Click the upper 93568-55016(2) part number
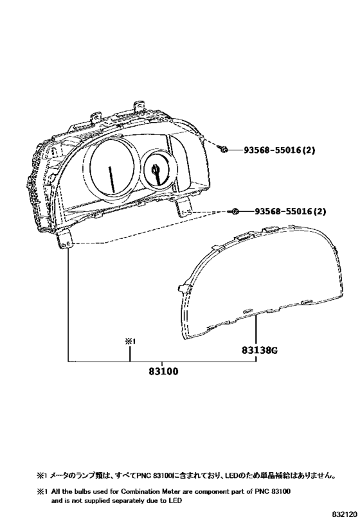[x=280, y=150]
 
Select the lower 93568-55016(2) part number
[x=290, y=211]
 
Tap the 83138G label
[x=260, y=351]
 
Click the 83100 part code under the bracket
[x=163, y=371]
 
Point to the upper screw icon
[x=223, y=149]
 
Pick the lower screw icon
[x=234, y=211]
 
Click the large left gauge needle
[x=112, y=180]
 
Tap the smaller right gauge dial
[x=156, y=170]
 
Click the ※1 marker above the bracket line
[x=130, y=342]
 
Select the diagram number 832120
[x=345, y=514]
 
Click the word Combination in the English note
[x=139, y=492]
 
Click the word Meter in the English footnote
[x=168, y=492]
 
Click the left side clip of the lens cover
[x=184, y=288]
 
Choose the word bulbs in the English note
[x=80, y=492]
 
